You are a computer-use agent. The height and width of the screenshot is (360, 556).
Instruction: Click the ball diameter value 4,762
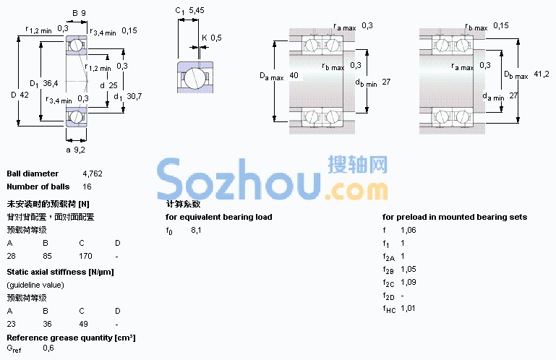point(93,173)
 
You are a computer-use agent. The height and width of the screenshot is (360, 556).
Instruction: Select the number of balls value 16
point(87,187)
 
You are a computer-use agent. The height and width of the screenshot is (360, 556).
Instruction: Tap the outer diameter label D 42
point(20,95)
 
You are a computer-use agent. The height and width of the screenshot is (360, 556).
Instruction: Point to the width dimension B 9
point(79,13)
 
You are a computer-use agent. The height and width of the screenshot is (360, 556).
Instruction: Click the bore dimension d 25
point(108,85)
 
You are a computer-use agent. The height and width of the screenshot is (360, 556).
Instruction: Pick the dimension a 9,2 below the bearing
point(75,150)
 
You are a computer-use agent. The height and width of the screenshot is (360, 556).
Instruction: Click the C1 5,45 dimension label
point(189,11)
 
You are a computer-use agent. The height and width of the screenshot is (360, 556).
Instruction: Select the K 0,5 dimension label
point(212,38)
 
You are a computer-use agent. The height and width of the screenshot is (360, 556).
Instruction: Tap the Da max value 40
point(294,75)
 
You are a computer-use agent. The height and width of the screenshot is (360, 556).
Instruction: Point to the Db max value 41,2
point(542,74)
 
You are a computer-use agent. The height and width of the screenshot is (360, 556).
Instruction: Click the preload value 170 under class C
point(85,256)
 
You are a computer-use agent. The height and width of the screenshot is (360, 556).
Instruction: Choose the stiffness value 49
point(84,324)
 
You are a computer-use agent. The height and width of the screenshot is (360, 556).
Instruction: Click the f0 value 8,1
point(196,230)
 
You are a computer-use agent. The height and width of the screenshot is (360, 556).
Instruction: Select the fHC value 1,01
point(408,308)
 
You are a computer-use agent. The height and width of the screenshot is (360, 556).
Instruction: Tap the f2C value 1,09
point(408,282)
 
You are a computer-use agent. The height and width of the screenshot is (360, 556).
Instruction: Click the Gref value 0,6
point(48,348)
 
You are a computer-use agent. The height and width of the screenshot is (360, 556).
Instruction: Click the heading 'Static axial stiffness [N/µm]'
point(60,272)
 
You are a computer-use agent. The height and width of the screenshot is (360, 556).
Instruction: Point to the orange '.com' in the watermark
point(356,191)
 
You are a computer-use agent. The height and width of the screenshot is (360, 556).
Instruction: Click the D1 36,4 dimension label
point(43,84)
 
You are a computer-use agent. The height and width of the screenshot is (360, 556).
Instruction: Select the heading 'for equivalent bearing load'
point(219,217)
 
